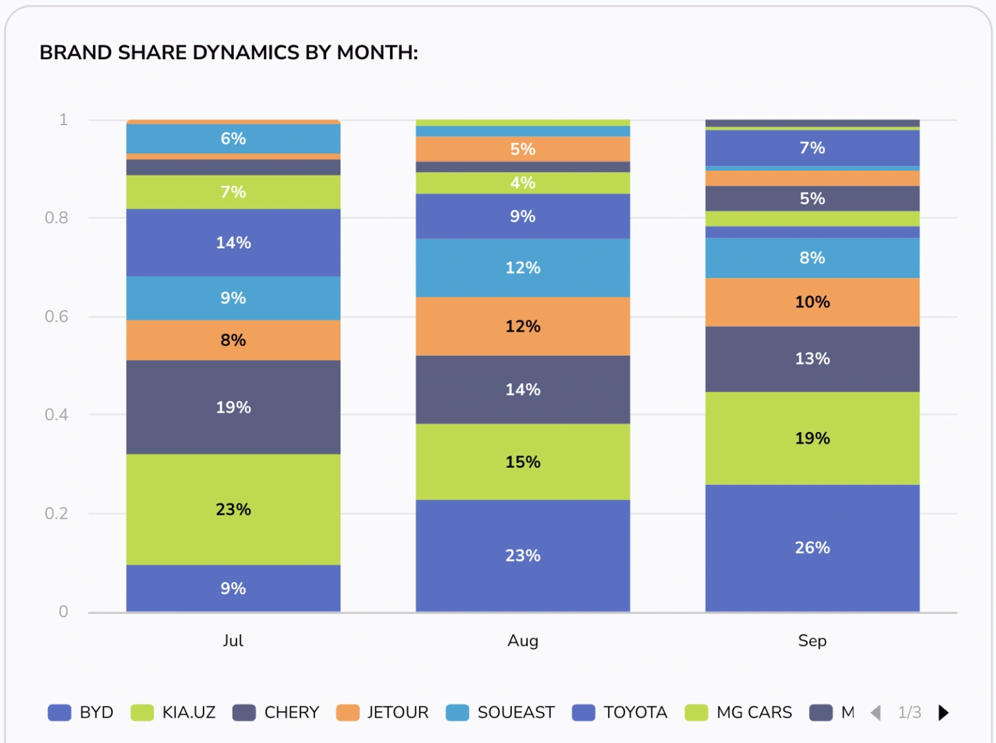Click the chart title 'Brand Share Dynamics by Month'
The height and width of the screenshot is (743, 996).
[x=228, y=53]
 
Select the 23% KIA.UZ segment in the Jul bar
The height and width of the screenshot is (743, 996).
[x=233, y=509]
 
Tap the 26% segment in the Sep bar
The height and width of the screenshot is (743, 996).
[x=812, y=548]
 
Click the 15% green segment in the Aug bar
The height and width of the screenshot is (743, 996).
[x=523, y=462]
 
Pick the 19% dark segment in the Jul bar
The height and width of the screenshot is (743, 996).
[x=233, y=407]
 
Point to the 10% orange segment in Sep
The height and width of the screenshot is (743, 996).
[x=812, y=302]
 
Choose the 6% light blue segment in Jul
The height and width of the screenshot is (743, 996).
[x=233, y=138]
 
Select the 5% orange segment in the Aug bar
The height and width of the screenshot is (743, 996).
[x=523, y=149]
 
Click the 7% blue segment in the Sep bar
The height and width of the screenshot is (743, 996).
[x=812, y=147]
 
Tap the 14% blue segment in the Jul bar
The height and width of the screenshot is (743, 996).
[x=233, y=242]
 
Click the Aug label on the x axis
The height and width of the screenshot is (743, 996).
[x=523, y=641]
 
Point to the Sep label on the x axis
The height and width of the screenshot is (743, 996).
[x=812, y=641]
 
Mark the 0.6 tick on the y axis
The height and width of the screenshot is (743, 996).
[x=56, y=316]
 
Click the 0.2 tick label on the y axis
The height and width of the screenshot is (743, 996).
[x=56, y=513]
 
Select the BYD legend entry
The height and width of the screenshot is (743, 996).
[x=80, y=713]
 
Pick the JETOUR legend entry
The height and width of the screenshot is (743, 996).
[x=382, y=713]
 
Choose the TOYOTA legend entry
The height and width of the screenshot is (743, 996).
[x=619, y=713]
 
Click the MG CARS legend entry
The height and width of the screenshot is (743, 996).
[x=738, y=713]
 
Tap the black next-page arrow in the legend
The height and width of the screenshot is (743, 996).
[x=943, y=713]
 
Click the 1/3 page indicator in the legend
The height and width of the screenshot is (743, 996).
[x=909, y=713]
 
